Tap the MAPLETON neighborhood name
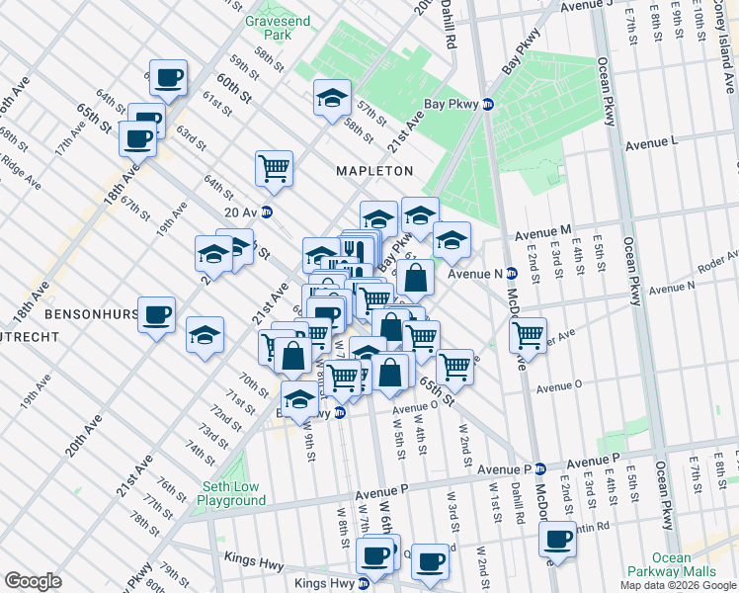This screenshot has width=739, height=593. (373, 171)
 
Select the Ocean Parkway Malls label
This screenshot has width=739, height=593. (671, 564)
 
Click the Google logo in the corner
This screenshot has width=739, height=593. (33, 581)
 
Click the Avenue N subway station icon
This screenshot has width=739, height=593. (512, 273)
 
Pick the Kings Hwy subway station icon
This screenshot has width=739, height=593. (363, 583)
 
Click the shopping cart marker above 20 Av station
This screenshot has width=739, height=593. (274, 166)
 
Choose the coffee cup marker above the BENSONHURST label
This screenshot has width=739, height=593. (156, 314)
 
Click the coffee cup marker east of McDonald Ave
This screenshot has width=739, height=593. (558, 539)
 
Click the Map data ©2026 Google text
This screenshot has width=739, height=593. (678, 585)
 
